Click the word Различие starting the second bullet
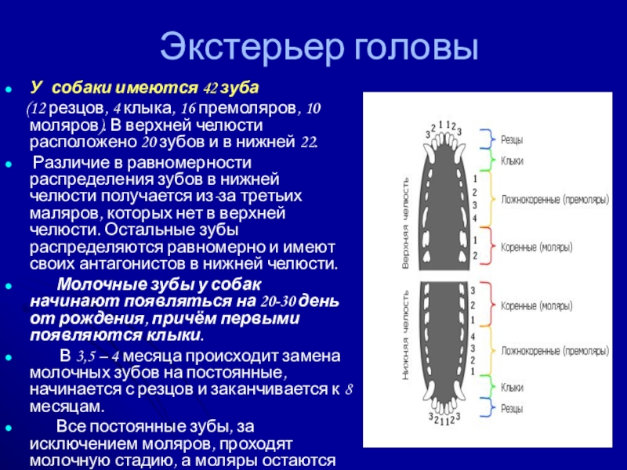(x=77, y=163)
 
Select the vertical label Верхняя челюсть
(x=406, y=223)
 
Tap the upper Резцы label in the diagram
(x=512, y=140)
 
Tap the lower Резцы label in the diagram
(x=512, y=407)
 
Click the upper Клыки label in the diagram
(x=512, y=161)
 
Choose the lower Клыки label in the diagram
(x=512, y=387)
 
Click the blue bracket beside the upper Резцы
(x=487, y=140)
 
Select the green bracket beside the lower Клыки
(x=487, y=387)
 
